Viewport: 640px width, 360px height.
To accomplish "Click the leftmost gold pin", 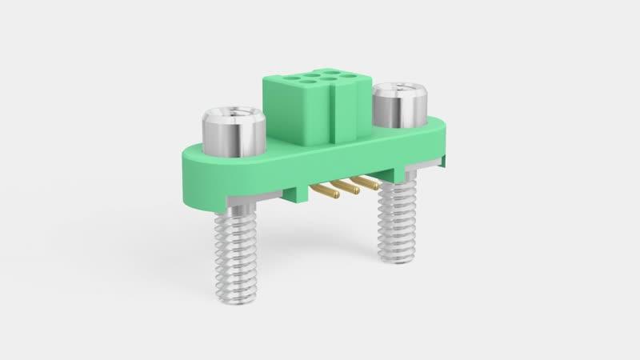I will coord(325,191).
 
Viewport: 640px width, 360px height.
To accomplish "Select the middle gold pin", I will coord(345,187).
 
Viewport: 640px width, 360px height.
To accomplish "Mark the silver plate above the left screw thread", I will coord(232,199).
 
